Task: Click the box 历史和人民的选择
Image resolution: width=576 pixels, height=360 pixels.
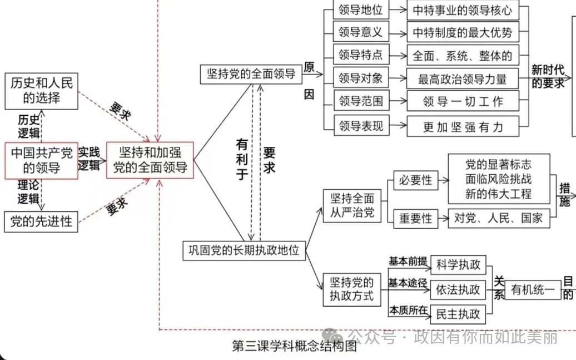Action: click(x=42, y=91)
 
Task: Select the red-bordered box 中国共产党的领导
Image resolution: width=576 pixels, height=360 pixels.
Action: click(x=42, y=160)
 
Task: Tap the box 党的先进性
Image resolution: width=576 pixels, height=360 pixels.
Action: click(x=42, y=221)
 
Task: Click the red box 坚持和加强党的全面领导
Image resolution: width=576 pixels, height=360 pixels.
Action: click(x=150, y=160)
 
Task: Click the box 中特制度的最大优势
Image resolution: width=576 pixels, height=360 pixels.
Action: click(x=462, y=33)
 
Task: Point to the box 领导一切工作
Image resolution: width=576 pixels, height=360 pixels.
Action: click(x=463, y=101)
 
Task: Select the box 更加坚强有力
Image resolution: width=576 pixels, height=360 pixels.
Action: click(x=463, y=126)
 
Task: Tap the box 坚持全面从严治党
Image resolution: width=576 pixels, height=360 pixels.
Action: click(x=352, y=206)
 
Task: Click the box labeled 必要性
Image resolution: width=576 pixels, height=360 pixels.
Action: click(x=415, y=180)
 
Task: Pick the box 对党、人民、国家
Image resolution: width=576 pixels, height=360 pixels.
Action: click(x=498, y=218)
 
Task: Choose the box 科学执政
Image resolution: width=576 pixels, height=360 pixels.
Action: click(x=458, y=264)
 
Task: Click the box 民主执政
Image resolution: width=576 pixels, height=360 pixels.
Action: click(x=458, y=314)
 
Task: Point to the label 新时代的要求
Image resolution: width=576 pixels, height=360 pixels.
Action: click(x=548, y=77)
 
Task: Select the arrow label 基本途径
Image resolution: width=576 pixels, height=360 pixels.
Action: click(x=408, y=282)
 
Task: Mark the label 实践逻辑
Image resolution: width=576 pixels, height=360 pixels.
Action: click(x=89, y=159)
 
